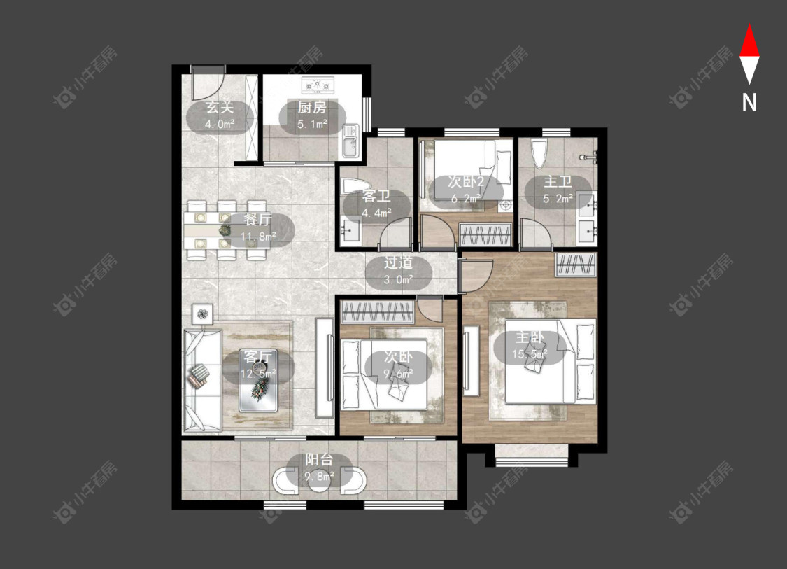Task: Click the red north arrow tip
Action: pyautogui.click(x=749, y=24)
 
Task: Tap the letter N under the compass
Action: pyautogui.click(x=749, y=103)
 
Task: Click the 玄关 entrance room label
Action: pyautogui.click(x=220, y=107)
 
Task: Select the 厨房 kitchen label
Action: pyautogui.click(x=312, y=107)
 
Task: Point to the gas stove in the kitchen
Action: pyautogui.click(x=318, y=85)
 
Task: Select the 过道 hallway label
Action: pyautogui.click(x=399, y=262)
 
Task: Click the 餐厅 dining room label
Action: pyautogui.click(x=258, y=220)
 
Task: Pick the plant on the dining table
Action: pyautogui.click(x=225, y=230)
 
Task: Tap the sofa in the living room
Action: pyautogui.click(x=202, y=380)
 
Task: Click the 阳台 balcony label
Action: pyautogui.click(x=319, y=460)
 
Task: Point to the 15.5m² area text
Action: pyautogui.click(x=530, y=355)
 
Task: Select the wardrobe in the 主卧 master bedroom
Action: pyautogui.click(x=576, y=265)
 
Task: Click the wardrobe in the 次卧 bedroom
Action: pyautogui.click(x=378, y=312)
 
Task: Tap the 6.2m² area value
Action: pyautogui.click(x=466, y=199)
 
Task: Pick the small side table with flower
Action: pyautogui.click(x=202, y=314)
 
